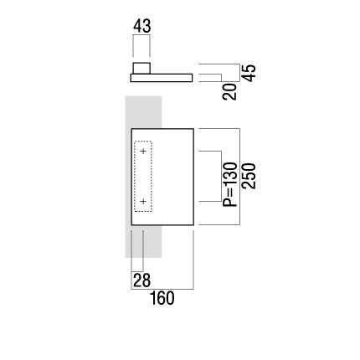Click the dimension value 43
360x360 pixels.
pyautogui.click(x=141, y=26)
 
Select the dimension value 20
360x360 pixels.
pyautogui.click(x=229, y=92)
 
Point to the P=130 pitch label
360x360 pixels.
pyautogui.click(x=230, y=184)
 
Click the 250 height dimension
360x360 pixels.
pyautogui.click(x=249, y=176)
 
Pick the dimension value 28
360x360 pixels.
pyautogui.click(x=141, y=280)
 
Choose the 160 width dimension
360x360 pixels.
pyautogui.click(x=162, y=298)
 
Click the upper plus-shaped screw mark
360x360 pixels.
pyautogui.click(x=143, y=152)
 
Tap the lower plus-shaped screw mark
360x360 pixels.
pyautogui.click(x=143, y=201)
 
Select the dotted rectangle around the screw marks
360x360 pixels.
pyautogui.click(x=135, y=177)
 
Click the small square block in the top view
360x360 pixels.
pyautogui.click(x=141, y=69)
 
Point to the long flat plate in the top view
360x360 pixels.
pyautogui.click(x=162, y=78)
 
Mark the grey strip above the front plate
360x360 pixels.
pyautogui.click(x=143, y=112)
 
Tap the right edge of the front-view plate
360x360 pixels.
pyautogui.click(x=193, y=177)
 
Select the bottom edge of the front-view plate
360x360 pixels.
pyautogui.click(x=162, y=225)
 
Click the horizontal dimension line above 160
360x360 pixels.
pyautogui.click(x=162, y=289)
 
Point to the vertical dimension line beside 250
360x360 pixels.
pyautogui.click(x=239, y=177)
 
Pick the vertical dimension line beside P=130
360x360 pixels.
pyautogui.click(x=221, y=176)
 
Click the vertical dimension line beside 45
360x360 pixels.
pyautogui.click(x=239, y=73)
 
